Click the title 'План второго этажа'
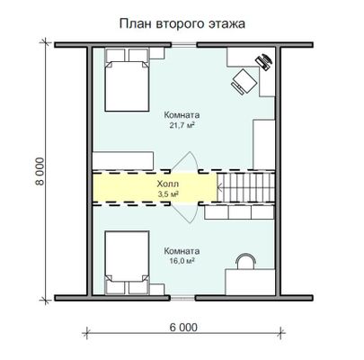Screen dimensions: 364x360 coord(182,23)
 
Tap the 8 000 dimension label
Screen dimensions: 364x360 coord(40,172)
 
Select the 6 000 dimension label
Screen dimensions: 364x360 coord(183,328)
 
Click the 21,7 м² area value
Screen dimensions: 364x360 coord(181,125)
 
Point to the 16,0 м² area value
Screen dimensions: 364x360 coord(181,261)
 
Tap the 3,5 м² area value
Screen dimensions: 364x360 coord(168,194)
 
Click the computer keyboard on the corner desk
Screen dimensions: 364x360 coord(263,62)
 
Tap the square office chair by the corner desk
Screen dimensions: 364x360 coord(244,81)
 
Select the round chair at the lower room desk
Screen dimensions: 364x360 coord(245,261)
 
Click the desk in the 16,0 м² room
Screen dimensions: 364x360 coord(250,282)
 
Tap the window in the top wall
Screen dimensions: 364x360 coord(184,45)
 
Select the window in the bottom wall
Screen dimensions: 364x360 coord(182,298)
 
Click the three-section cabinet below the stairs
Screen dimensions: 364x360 coord(239,212)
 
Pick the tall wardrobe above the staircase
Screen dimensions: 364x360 coord(264,145)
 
